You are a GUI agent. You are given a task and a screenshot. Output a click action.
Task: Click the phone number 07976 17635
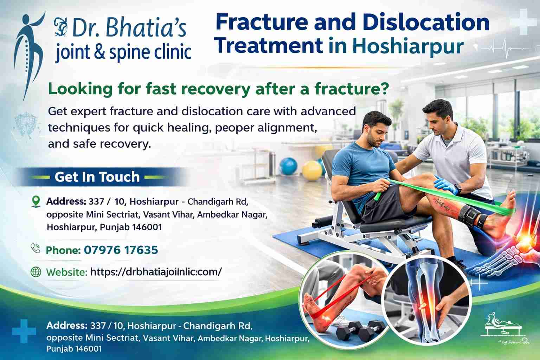(x=121, y=250)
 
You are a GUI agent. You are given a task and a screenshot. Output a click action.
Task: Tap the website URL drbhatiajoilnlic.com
(x=156, y=272)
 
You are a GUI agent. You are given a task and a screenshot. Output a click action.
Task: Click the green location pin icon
(x=36, y=201)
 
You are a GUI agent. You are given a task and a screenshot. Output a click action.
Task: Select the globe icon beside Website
(x=36, y=272)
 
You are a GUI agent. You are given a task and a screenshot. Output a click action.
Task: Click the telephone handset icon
(x=36, y=248)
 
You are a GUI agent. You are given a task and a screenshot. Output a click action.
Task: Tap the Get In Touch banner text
(x=97, y=177)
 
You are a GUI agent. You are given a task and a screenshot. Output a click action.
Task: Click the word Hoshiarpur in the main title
(x=408, y=46)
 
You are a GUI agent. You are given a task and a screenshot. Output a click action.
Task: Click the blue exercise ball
(x=288, y=166)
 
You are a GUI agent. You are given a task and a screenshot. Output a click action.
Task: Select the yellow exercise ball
(x=312, y=171)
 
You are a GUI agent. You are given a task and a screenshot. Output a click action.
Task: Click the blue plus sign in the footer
(x=24, y=331)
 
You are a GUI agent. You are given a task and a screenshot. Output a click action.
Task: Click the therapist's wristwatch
(x=458, y=188)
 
